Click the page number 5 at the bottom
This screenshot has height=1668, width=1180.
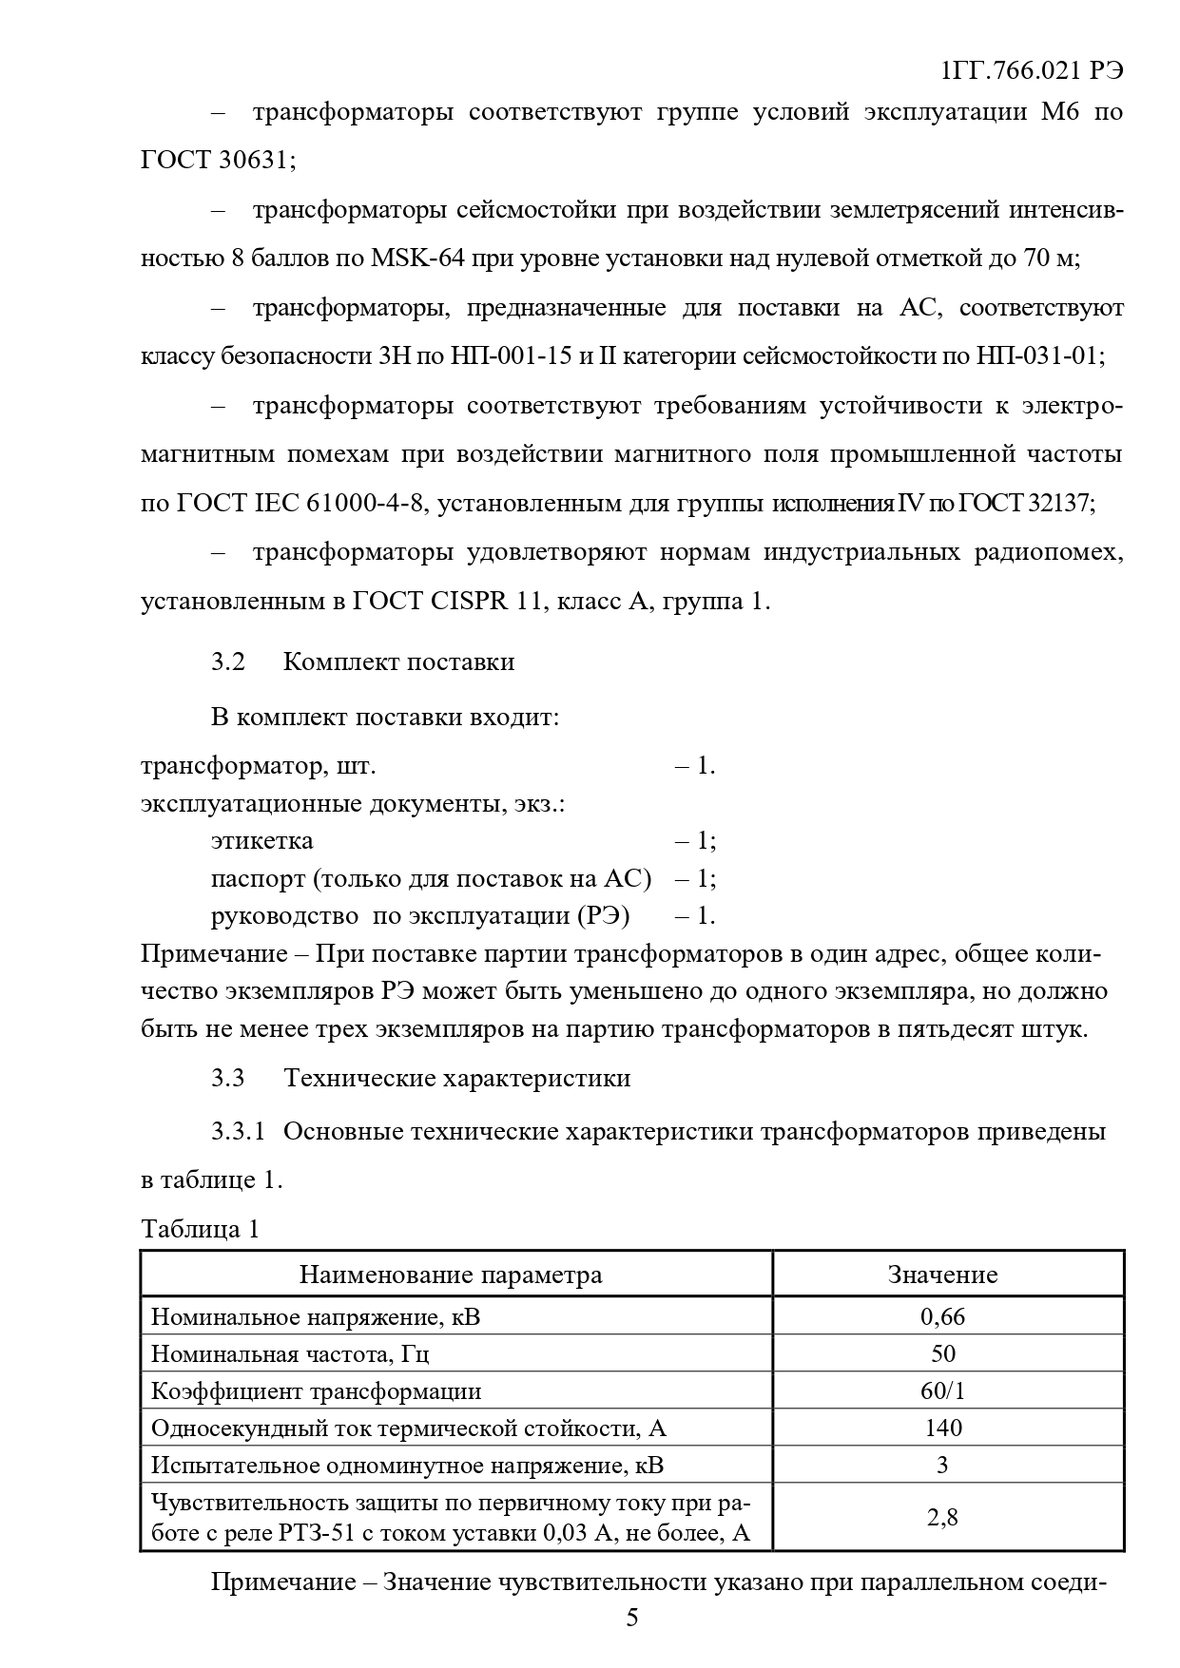pyautogui.click(x=632, y=1618)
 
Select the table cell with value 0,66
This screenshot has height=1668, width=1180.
pyautogui.click(x=942, y=1316)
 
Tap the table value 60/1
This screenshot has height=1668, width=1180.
pyautogui.click(x=942, y=1390)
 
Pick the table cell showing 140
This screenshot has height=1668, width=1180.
pyautogui.click(x=942, y=1428)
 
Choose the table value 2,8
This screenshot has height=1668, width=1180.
pyautogui.click(x=942, y=1517)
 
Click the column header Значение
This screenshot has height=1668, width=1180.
pyautogui.click(x=942, y=1275)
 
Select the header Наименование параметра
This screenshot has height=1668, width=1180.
pyautogui.click(x=451, y=1275)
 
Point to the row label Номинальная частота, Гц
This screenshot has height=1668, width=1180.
pyautogui.click(x=297, y=1353)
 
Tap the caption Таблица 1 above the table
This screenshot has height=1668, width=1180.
pyautogui.click(x=200, y=1229)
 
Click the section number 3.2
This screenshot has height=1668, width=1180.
pyautogui.click(x=228, y=661)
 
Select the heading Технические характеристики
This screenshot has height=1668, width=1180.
pyautogui.click(x=456, y=1078)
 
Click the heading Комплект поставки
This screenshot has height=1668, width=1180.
pyautogui.click(x=398, y=661)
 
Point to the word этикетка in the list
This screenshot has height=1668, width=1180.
pyautogui.click(x=261, y=841)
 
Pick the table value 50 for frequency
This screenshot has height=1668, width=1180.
pyautogui.click(x=942, y=1353)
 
